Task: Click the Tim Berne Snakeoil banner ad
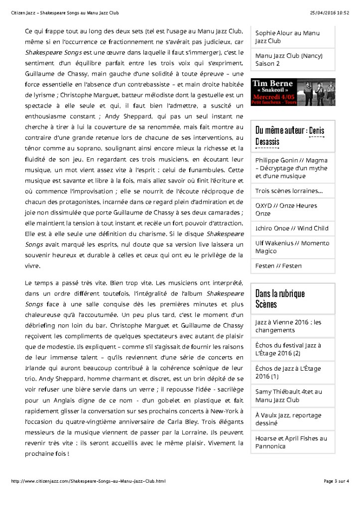293,92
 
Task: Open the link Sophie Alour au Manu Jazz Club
287,37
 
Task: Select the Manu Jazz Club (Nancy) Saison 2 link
289,60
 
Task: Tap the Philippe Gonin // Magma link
291,168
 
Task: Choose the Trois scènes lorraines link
289,191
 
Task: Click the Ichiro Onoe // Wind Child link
292,228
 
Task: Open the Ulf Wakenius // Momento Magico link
292,247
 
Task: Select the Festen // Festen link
278,266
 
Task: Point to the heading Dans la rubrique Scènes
280,298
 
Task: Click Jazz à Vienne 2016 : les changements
288,326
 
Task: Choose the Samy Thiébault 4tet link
288,396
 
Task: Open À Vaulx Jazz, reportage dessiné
288,419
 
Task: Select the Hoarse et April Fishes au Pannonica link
291,442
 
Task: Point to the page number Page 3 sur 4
336,481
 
